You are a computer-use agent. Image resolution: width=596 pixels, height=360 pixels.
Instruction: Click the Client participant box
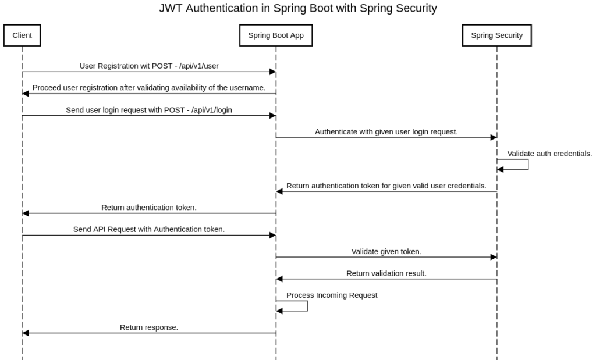point(22,35)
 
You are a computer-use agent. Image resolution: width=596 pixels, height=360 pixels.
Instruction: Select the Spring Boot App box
point(276,35)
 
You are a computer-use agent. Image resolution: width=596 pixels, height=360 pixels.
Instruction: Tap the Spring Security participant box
point(496,35)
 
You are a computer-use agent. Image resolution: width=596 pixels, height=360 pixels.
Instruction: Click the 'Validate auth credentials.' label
point(549,154)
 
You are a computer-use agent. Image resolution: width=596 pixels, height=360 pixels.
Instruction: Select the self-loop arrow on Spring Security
point(527,164)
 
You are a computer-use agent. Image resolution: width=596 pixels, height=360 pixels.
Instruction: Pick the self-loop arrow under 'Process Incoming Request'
point(307,306)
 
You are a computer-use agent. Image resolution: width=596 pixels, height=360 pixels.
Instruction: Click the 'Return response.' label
point(149,327)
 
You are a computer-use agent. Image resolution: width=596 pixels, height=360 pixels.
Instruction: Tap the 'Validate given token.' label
point(386,251)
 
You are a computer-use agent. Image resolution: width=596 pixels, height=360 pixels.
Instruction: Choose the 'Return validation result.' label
point(386,273)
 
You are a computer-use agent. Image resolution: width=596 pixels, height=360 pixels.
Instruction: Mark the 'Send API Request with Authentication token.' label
point(149,229)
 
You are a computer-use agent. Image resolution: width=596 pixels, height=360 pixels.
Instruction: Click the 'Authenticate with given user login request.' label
point(386,131)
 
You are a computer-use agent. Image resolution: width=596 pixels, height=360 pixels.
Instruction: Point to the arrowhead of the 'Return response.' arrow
point(26,333)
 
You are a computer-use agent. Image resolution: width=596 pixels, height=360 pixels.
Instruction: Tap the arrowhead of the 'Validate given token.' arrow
point(493,257)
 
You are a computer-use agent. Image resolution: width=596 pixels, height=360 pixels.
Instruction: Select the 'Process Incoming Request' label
point(332,295)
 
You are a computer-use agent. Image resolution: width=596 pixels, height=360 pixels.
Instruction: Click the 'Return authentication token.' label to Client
point(149,207)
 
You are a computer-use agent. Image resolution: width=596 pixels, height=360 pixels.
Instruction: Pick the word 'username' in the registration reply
point(247,88)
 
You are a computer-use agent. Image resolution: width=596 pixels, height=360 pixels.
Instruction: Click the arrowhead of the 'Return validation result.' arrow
point(279,279)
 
